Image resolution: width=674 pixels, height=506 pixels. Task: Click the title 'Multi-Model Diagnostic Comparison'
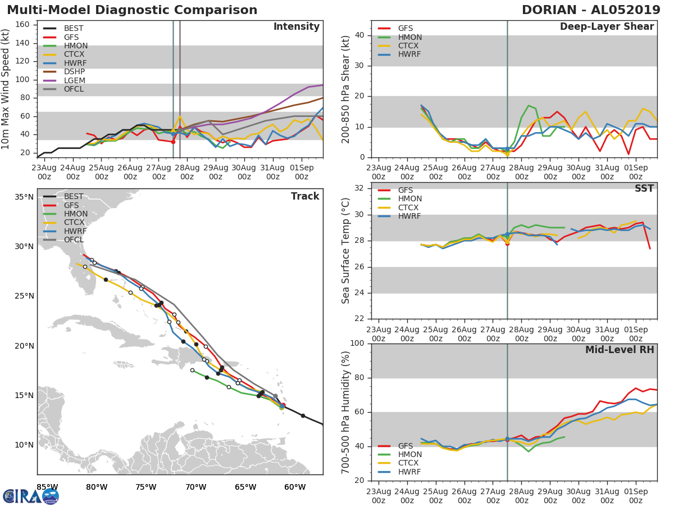tap(132, 10)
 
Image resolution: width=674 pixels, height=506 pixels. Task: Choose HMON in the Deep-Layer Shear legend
tap(409, 37)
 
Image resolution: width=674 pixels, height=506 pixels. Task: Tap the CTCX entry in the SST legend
tap(409, 207)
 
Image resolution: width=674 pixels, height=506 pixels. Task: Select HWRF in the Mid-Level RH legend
tap(409, 472)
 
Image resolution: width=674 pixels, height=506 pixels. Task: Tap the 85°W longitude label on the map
tap(47, 487)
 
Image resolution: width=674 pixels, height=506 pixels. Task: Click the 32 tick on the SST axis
tap(359, 188)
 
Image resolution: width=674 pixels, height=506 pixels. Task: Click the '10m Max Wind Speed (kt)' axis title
tap(6, 89)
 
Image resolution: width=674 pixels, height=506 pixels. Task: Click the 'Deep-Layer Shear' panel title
tap(607, 27)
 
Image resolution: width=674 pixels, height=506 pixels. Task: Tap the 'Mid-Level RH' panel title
tap(620, 350)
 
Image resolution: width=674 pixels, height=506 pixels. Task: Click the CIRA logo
tap(30, 496)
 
